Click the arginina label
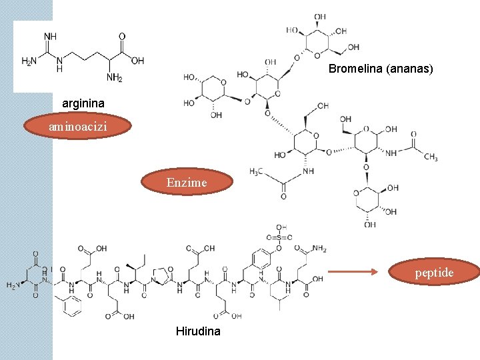coord(83,104)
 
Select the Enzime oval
coord(187,182)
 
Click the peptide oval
coord(434,272)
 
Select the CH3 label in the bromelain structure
coord(431,157)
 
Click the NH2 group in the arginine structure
coord(114,77)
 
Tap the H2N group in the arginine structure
coord(29,61)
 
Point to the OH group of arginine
coord(137,61)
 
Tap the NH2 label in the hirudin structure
coord(318,249)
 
